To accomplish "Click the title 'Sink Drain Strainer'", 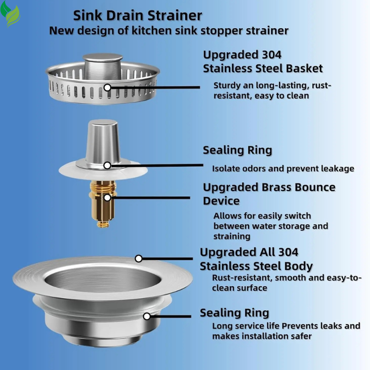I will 137,15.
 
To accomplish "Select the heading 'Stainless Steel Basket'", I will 263,69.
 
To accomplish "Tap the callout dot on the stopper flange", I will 107,165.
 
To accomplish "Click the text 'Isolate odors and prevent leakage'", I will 283,169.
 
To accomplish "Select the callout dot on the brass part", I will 107,198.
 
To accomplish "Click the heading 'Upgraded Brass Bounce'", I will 269,188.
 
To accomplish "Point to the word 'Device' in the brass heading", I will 221,201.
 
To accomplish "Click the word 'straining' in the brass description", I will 232,236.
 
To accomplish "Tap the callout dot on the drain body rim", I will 139,258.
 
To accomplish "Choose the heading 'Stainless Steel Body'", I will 256,266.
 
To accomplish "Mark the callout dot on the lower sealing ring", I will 147,316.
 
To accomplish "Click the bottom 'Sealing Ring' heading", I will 234,313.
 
